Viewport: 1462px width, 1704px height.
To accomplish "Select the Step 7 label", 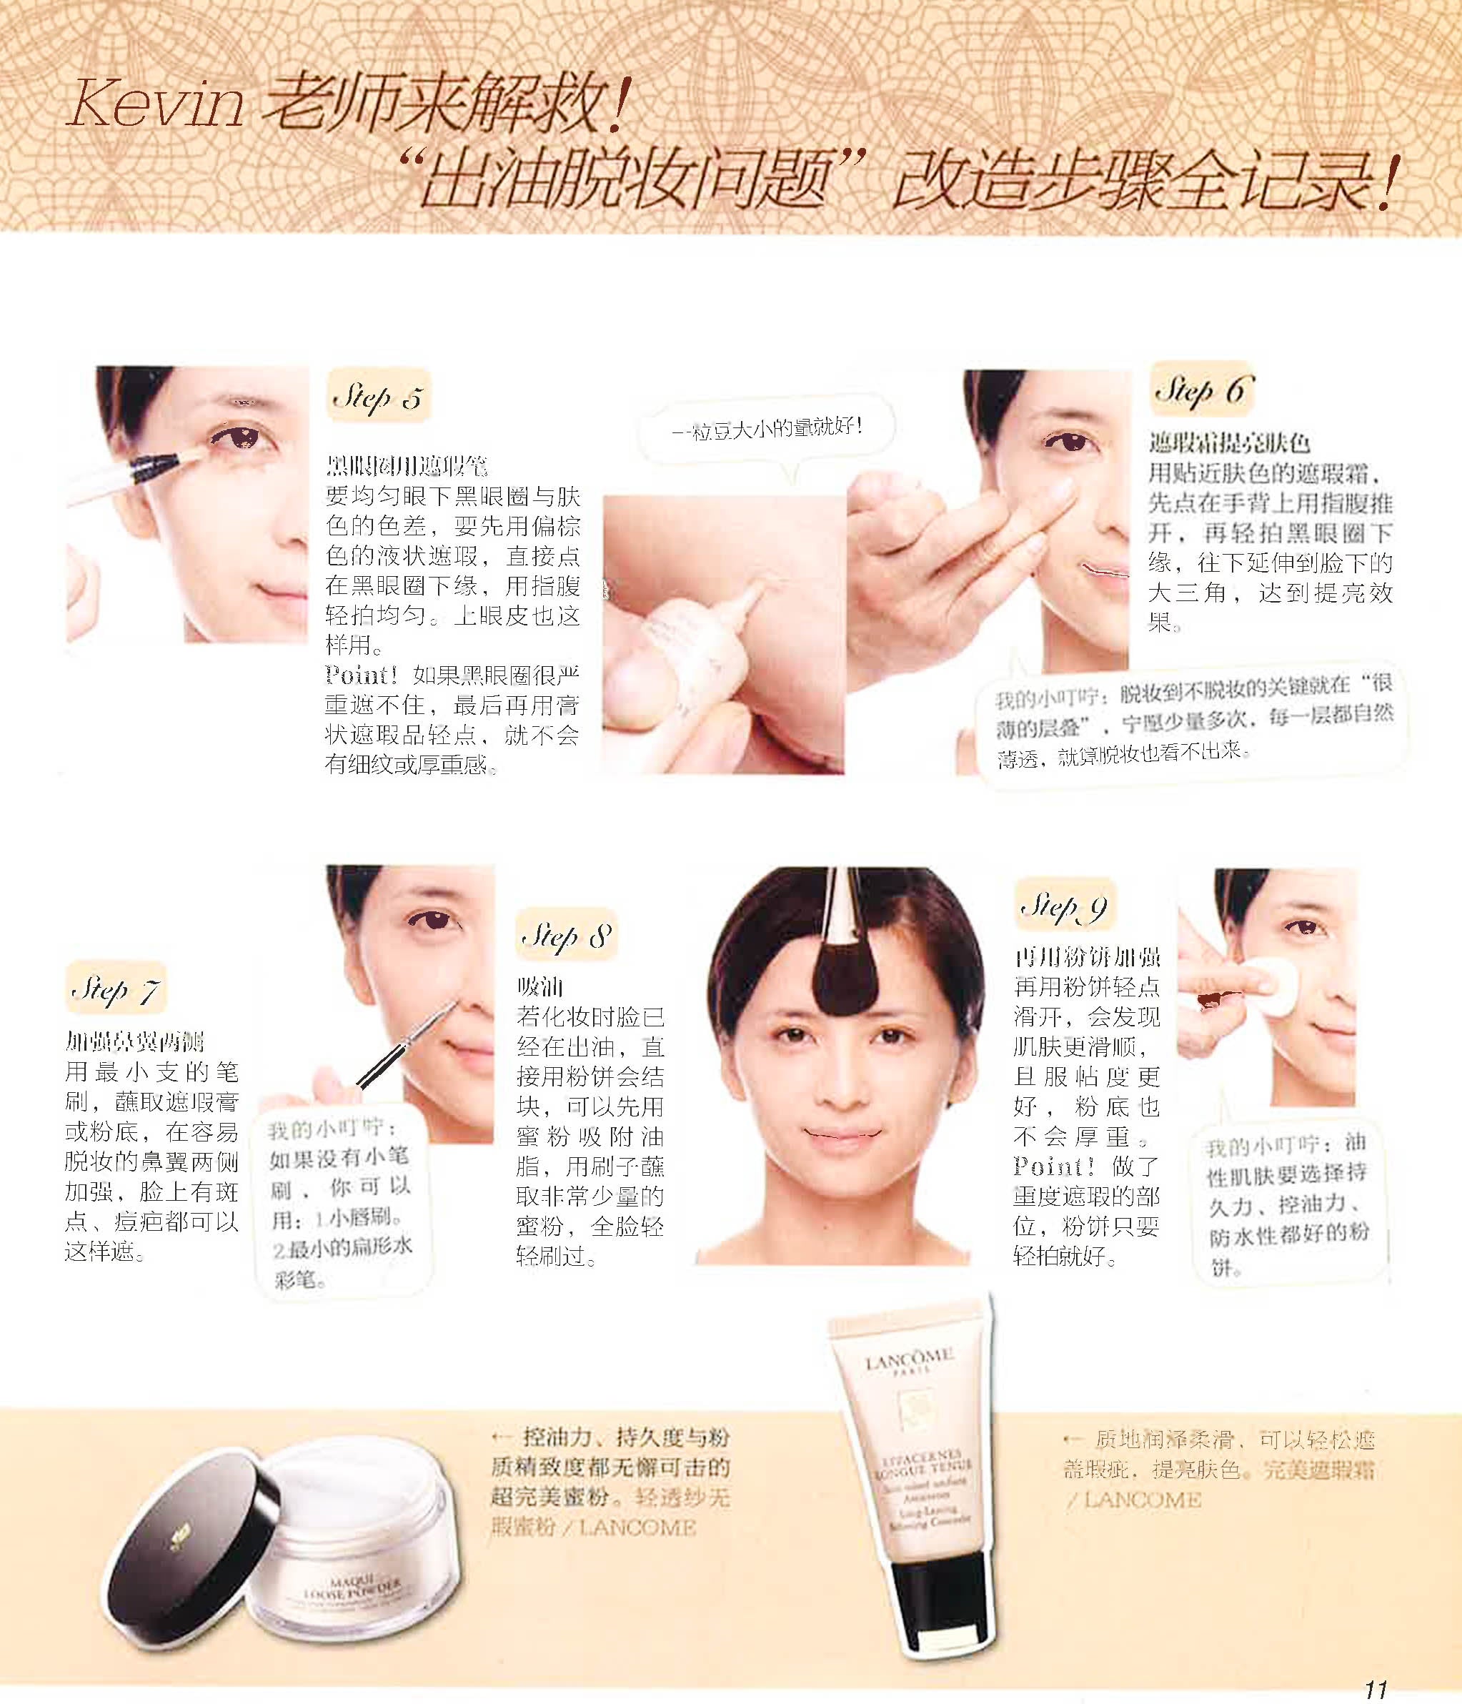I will point(115,989).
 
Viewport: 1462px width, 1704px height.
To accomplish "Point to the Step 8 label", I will point(567,936).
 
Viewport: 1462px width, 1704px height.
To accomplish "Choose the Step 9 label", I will point(1063,907).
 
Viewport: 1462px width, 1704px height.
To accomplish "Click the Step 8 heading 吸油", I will point(540,987).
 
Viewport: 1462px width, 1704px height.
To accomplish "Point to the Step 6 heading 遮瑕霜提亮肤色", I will point(1228,444).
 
